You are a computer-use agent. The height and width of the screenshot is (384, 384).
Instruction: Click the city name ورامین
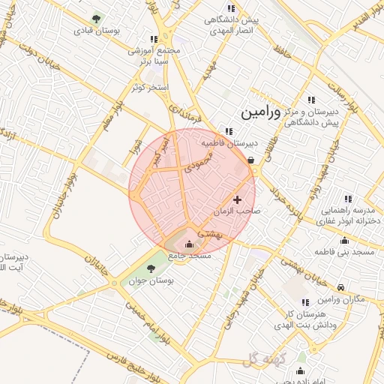(x=260, y=113)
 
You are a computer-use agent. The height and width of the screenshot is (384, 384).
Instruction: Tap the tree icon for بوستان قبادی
(x=95, y=19)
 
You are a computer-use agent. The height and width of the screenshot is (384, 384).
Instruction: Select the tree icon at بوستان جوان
(x=151, y=268)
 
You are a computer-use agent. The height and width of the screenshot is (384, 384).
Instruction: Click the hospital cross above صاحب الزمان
(x=238, y=199)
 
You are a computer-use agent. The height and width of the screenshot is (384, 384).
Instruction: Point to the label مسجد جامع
(x=190, y=256)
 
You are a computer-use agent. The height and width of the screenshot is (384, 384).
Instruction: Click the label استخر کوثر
(x=150, y=88)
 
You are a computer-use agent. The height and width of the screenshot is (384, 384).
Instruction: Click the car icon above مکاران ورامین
(x=340, y=287)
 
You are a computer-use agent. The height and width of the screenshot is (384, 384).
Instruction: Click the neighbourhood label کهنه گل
(x=259, y=360)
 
